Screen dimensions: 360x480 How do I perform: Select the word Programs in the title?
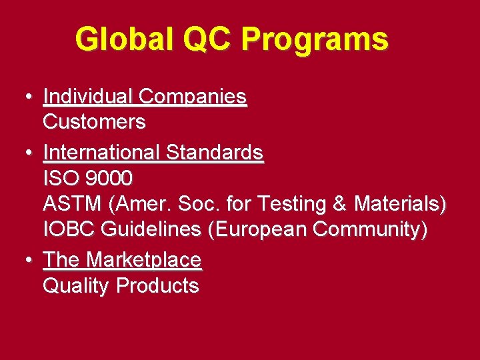point(315,39)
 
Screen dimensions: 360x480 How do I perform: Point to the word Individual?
point(88,97)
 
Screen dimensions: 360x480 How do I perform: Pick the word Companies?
point(193,97)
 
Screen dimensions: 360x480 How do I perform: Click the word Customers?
point(94,122)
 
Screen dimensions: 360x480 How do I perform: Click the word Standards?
point(215,153)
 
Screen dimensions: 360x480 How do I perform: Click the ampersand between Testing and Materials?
point(341,203)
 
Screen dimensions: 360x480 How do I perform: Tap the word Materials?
point(399,203)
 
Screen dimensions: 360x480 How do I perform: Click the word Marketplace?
point(144,259)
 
